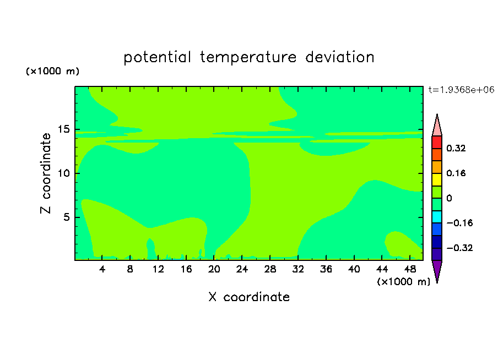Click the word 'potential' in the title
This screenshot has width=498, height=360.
[x=157, y=57]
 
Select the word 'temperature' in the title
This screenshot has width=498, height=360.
[x=248, y=57]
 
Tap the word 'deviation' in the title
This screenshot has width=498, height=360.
[x=339, y=57]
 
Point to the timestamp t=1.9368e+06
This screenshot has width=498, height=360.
[x=461, y=90]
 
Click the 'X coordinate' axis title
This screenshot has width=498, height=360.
[x=249, y=297]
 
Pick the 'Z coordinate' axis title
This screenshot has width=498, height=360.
[x=46, y=173]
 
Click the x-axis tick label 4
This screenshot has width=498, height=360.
[x=102, y=269]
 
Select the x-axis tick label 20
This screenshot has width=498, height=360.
[x=214, y=269]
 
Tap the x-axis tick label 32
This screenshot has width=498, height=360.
[x=298, y=269]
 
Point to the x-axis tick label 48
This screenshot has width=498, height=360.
[x=410, y=269]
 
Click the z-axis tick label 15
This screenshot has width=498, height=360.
[x=63, y=129]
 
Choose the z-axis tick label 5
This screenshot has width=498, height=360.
[x=66, y=217]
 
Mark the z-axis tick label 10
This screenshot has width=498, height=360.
[x=63, y=173]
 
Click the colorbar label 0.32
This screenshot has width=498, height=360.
[x=456, y=148]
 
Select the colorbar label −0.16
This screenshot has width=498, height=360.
[x=459, y=223]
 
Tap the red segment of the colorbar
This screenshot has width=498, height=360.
[x=437, y=142]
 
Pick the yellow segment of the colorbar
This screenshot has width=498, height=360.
[x=437, y=179]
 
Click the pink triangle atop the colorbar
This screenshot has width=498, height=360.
[x=437, y=126]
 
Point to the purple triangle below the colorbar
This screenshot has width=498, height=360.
[x=437, y=270]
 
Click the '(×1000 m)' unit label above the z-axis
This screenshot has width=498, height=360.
[x=52, y=71]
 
